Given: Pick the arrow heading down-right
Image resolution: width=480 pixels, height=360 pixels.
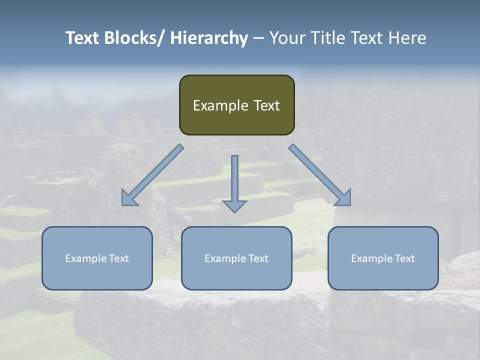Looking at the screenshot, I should (x=320, y=175).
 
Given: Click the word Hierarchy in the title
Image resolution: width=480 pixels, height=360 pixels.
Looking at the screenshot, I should (x=209, y=38).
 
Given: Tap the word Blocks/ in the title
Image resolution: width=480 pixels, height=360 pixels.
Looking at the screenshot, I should (x=132, y=38).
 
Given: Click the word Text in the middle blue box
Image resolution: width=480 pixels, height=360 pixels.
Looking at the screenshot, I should (x=258, y=258).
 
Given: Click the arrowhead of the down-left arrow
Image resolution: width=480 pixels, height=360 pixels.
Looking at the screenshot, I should (x=129, y=198).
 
